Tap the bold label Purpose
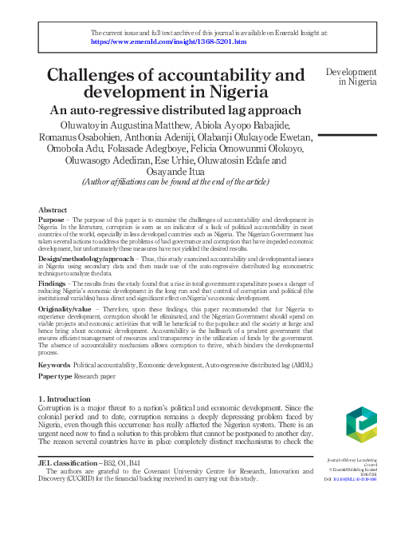click(53, 219)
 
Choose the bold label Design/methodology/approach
click(79, 260)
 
